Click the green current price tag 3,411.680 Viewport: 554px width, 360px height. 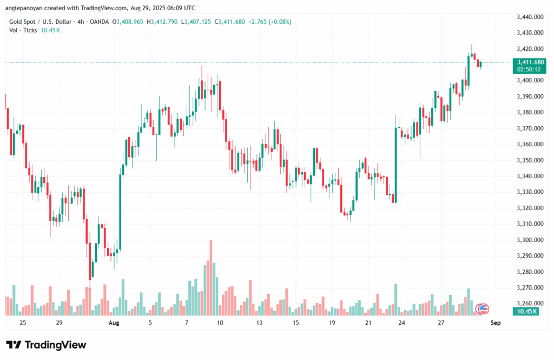pyautogui.click(x=530, y=62)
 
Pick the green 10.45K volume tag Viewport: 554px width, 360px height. pyautogui.click(x=526, y=311)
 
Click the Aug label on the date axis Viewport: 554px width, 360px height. pyautogui.click(x=113, y=323)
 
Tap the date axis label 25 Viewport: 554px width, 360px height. pyautogui.click(x=22, y=323)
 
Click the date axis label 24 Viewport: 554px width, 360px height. pyautogui.click(x=403, y=323)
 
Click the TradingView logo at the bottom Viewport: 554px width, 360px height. pyautogui.click(x=46, y=345)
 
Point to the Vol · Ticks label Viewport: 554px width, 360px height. pyautogui.click(x=23, y=30)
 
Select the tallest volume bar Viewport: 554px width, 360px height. pyautogui.click(x=211, y=277)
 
